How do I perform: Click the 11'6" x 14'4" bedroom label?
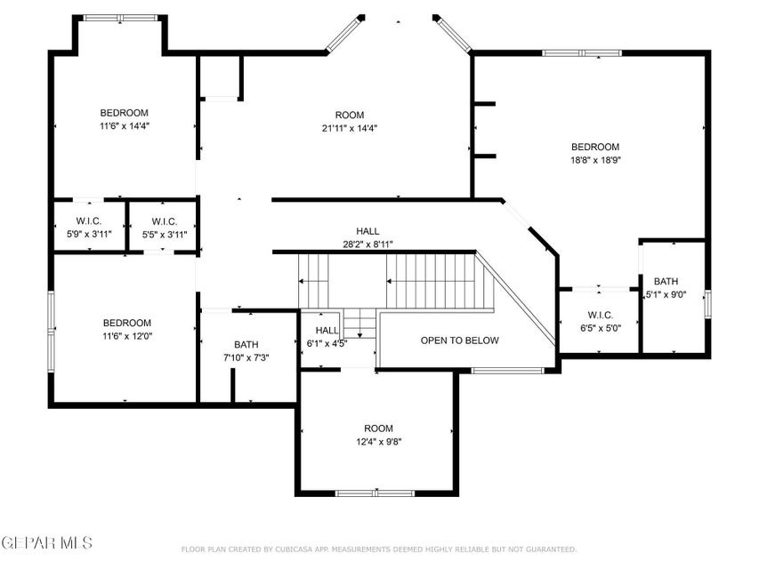click(x=124, y=119)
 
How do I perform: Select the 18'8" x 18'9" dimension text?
click(x=595, y=160)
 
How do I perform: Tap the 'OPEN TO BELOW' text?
click(x=460, y=341)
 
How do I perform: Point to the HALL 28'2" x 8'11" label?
click(x=367, y=237)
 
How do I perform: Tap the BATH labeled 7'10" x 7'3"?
click(x=246, y=350)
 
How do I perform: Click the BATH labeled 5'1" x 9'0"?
click(x=666, y=288)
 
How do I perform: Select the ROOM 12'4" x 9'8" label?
click(x=378, y=435)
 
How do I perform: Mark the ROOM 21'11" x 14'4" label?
click(x=349, y=121)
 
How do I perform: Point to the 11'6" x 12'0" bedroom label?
click(x=126, y=329)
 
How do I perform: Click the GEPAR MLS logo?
click(x=46, y=541)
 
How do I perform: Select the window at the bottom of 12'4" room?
click(x=375, y=493)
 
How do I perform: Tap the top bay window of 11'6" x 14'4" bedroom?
click(x=120, y=18)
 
